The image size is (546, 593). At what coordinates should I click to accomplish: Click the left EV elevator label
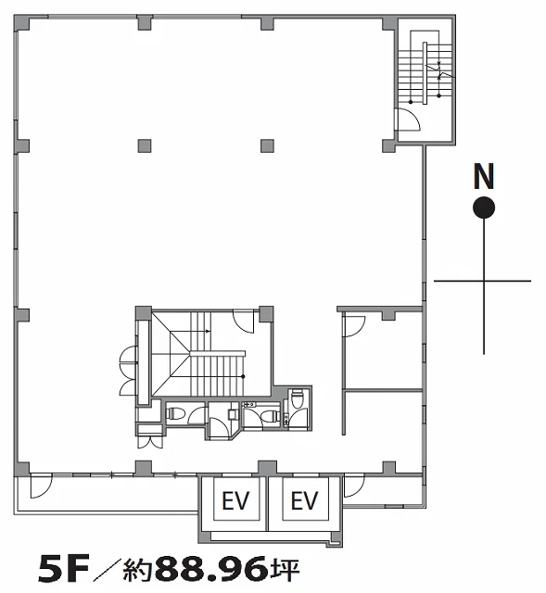tap(235, 500)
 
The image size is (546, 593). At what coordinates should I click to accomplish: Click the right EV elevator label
tap(305, 500)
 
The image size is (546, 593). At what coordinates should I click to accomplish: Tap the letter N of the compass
tap(484, 176)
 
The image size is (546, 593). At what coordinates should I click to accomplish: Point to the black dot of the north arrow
tap(484, 208)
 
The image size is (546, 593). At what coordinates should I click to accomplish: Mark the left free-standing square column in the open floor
tap(145, 145)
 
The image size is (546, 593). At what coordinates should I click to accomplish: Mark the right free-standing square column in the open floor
tap(267, 145)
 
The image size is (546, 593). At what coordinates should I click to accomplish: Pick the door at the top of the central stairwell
tap(243, 321)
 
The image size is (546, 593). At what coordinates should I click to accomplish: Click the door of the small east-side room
tap(354, 326)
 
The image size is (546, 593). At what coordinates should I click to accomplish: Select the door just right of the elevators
tap(355, 486)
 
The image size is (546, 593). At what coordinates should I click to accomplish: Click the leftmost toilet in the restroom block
tap(175, 413)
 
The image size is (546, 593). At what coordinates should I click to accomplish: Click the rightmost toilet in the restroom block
tap(298, 399)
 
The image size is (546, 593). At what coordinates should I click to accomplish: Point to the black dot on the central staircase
tap(243, 376)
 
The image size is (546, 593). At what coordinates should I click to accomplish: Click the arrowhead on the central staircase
tap(208, 332)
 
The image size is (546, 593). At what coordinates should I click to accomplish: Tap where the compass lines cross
tap(484, 281)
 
